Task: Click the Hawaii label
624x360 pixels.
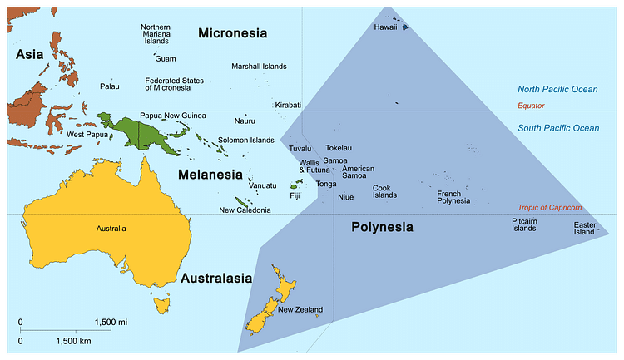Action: pos(385,27)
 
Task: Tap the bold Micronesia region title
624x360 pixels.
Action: pos(232,33)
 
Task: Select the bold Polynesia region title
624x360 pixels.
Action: pos(381,227)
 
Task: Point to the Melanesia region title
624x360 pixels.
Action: pos(210,175)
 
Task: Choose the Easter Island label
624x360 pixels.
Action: pos(584,229)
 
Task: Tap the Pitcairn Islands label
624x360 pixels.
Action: pos(524,224)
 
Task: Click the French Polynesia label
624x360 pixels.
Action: pos(453,197)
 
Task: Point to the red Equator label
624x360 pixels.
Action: pos(531,106)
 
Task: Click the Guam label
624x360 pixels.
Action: pos(166,59)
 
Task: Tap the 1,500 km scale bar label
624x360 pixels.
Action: pos(73,341)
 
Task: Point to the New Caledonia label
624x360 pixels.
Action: pos(245,210)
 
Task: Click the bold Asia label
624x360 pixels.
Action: pos(29,55)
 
